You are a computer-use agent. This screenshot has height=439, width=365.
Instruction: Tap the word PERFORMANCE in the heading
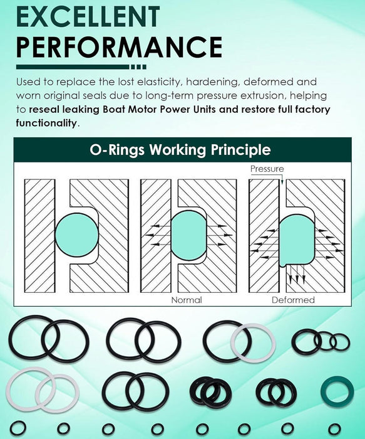pyautogui.click(x=119, y=47)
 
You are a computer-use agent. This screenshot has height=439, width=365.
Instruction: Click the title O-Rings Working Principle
pyautogui.click(x=180, y=150)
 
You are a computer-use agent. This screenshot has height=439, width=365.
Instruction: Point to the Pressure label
pyautogui.click(x=267, y=169)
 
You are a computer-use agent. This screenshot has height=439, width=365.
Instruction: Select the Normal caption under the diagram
pyautogui.click(x=187, y=300)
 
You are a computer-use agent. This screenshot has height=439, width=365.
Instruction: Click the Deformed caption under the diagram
pyautogui.click(x=293, y=300)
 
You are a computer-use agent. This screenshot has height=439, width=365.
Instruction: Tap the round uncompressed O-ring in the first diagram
pyautogui.click(x=77, y=235)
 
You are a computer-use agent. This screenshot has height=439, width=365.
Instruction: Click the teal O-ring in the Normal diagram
pyautogui.click(x=188, y=235)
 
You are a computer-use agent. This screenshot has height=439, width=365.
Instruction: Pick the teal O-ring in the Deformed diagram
pyautogui.click(x=297, y=240)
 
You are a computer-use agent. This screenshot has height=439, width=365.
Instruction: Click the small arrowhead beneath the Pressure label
pyautogui.click(x=282, y=182)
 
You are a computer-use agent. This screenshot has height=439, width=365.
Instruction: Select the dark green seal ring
pyautogui.click(x=337, y=391)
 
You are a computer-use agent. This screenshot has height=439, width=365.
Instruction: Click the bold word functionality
pyautogui.click(x=46, y=123)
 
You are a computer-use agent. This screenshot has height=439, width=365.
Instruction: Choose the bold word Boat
pyautogui.click(x=114, y=109)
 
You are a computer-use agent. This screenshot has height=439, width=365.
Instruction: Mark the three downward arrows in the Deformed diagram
pyautogui.click(x=297, y=274)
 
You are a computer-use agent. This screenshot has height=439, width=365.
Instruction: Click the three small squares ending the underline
pyautogui.click(x=138, y=67)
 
